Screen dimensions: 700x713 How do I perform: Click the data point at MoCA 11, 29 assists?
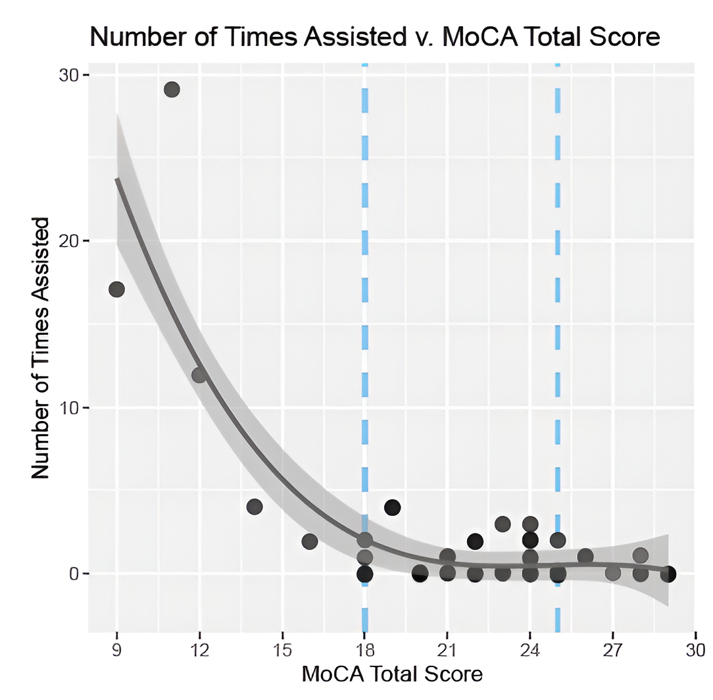(x=172, y=89)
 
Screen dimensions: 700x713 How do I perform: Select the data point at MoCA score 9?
(x=116, y=289)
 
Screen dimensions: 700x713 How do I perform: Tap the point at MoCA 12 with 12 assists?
(x=199, y=375)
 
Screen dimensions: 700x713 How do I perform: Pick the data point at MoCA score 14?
(x=255, y=507)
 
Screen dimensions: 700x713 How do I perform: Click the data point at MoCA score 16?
(x=310, y=541)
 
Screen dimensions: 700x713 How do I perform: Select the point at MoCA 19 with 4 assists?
(x=393, y=507)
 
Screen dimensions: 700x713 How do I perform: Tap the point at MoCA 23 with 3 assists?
(x=503, y=524)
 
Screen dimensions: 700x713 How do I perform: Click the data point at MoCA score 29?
(x=668, y=574)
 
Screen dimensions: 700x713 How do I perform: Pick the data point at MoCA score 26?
(x=585, y=557)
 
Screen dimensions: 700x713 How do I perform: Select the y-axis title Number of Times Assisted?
(x=41, y=349)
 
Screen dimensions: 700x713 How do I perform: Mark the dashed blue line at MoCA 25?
(x=558, y=329)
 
